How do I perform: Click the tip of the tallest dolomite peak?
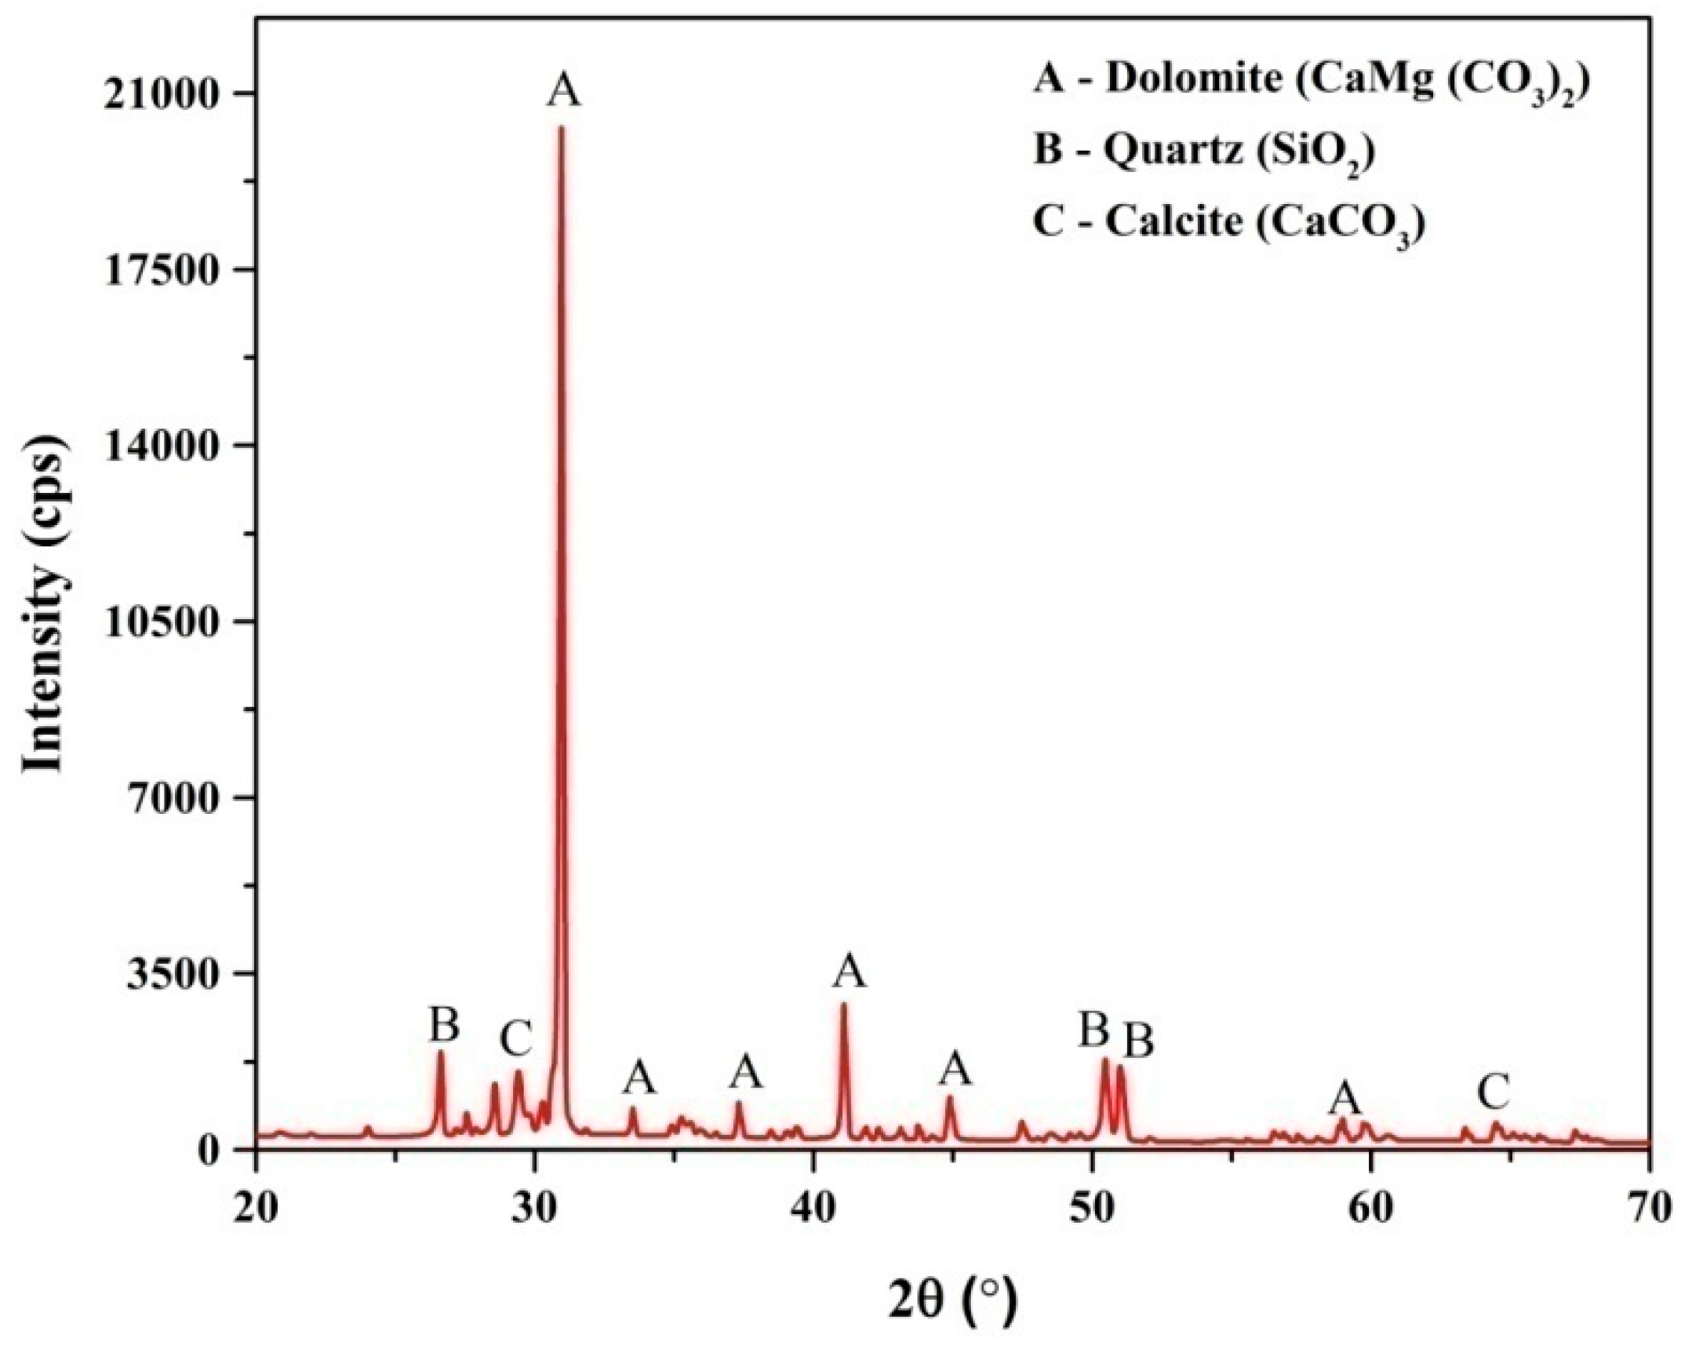pos(560,128)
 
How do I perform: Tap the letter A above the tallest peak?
pos(564,90)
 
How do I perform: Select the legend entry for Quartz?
pos(1203,151)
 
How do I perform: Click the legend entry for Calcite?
pos(1228,224)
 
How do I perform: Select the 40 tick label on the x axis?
pos(813,1188)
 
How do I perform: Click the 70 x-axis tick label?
pos(1650,1188)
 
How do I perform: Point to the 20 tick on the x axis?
pos(257,1188)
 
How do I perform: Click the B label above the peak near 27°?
pos(444,1025)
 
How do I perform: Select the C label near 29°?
pos(516,1038)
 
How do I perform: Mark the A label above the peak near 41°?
pos(850,972)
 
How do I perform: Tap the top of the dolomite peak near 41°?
pos(843,1005)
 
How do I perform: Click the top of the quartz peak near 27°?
pos(440,1052)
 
